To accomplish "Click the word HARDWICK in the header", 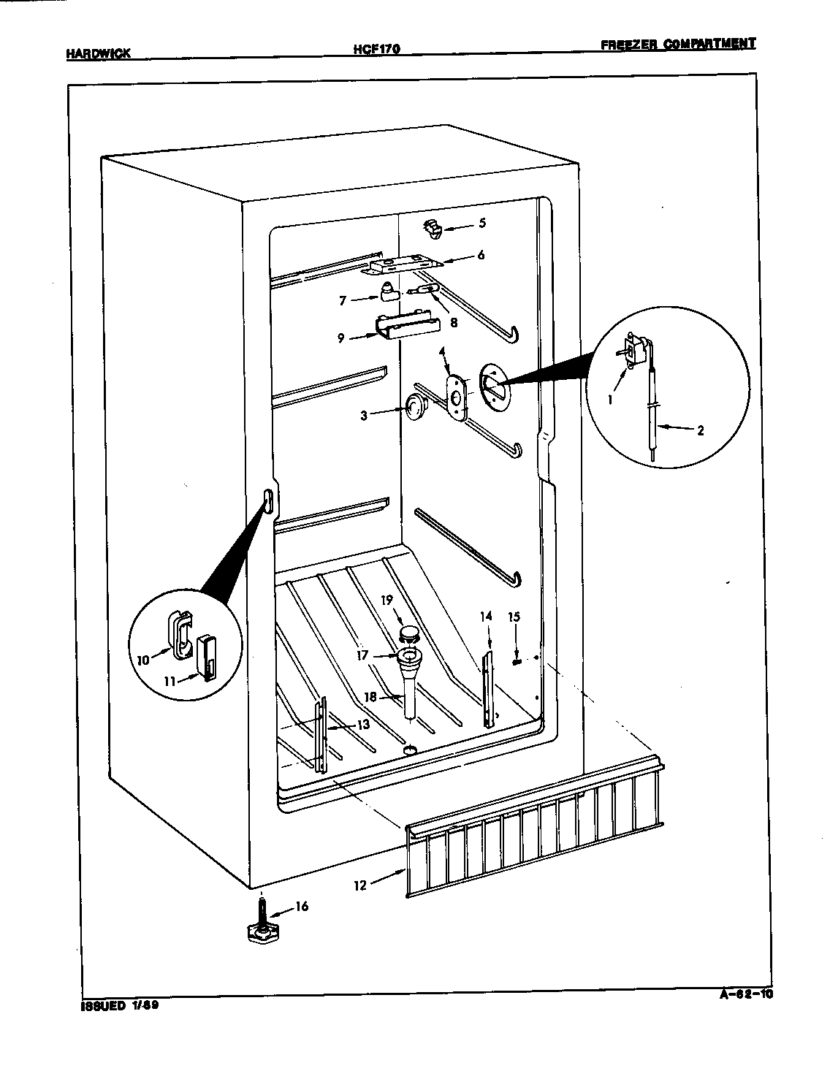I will coord(98,53).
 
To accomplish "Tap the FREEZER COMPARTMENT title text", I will coord(677,44).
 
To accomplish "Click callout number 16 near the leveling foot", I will coord(301,907).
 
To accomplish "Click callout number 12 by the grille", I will coord(360,885).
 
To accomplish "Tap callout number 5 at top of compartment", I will coord(481,223).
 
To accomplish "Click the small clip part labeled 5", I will coord(433,229).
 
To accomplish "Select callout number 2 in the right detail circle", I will coord(700,430).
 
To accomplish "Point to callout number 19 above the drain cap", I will coord(386,600).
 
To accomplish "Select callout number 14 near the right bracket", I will coord(486,616).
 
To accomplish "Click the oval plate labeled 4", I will coord(457,397).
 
